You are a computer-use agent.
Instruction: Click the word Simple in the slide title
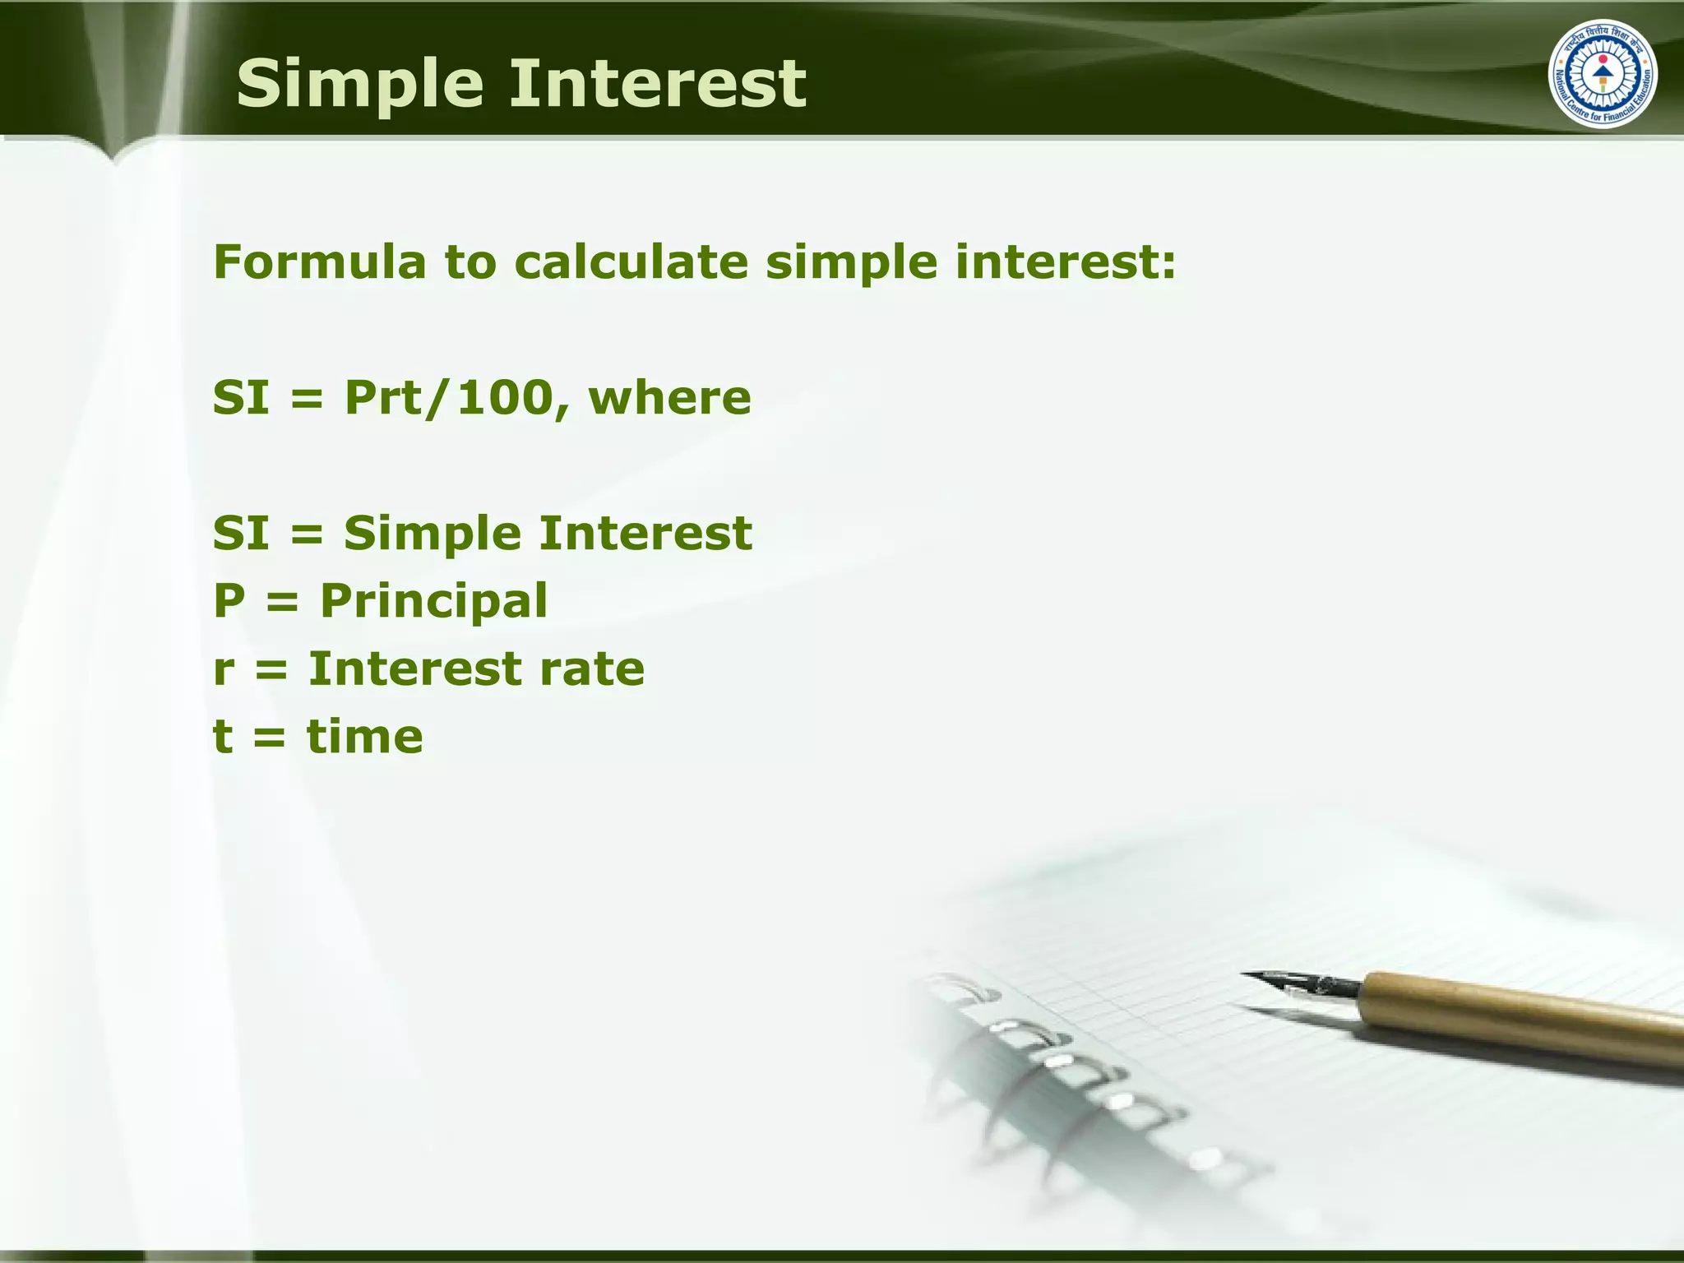pos(359,85)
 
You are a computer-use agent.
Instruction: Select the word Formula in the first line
pos(320,262)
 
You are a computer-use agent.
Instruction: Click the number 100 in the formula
pos(502,398)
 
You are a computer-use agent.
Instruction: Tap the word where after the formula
pos(669,398)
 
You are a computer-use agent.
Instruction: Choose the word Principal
pos(433,601)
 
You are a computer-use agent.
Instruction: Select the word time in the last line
pos(365,736)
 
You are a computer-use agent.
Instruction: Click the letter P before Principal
pos(229,601)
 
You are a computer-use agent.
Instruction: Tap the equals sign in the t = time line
pos(270,738)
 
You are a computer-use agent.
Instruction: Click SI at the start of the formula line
pos(241,398)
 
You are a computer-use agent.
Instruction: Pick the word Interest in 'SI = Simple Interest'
pos(645,534)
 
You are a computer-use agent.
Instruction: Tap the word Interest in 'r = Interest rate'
pos(415,669)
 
